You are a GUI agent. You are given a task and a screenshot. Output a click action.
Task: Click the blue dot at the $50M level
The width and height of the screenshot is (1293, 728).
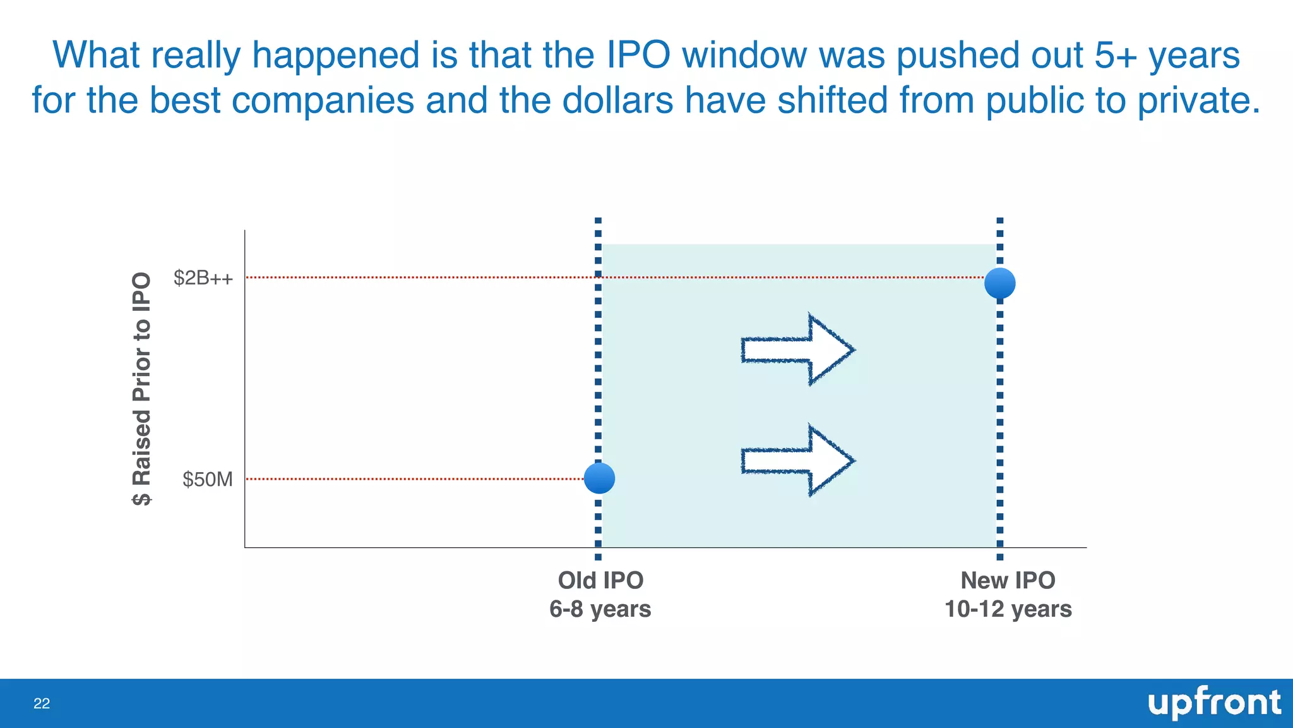[x=599, y=478]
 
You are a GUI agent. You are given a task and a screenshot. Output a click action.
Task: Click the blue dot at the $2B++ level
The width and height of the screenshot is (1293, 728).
[x=999, y=283]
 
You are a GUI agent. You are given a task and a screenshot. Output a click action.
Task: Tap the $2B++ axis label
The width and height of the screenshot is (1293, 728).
[x=203, y=277]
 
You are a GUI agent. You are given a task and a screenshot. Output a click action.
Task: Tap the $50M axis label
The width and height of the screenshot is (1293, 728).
[x=207, y=480]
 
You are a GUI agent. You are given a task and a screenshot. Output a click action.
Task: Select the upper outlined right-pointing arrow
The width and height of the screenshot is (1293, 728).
[x=797, y=349]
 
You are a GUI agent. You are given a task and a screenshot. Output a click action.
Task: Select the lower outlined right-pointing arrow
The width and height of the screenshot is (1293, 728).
[x=797, y=461]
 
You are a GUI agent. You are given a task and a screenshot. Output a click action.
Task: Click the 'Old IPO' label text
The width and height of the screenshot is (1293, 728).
[x=600, y=580]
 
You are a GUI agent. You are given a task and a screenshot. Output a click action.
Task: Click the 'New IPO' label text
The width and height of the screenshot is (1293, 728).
[x=1008, y=580]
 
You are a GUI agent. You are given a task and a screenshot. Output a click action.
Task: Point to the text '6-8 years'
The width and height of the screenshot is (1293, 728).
[x=600, y=609]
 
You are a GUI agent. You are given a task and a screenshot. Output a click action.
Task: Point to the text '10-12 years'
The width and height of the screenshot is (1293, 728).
[x=1008, y=609]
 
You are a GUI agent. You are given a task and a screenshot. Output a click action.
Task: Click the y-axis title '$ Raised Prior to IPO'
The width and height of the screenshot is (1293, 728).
[x=142, y=389]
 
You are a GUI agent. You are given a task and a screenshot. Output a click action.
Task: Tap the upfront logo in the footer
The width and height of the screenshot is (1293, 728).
[x=1213, y=703]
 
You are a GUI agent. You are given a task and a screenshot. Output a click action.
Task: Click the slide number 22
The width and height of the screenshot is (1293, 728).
[x=42, y=704]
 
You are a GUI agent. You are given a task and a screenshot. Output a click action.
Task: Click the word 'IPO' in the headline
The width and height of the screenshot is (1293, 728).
[x=638, y=55]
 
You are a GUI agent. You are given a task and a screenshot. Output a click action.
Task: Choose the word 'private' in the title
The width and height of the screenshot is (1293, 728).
[x=1198, y=100]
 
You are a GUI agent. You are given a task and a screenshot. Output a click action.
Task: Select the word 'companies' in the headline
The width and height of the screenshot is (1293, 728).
[x=323, y=100]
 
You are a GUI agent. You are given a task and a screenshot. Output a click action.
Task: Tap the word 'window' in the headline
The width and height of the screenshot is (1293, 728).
[x=744, y=55]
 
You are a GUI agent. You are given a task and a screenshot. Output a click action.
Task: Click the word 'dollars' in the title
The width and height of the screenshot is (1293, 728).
[x=617, y=100]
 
